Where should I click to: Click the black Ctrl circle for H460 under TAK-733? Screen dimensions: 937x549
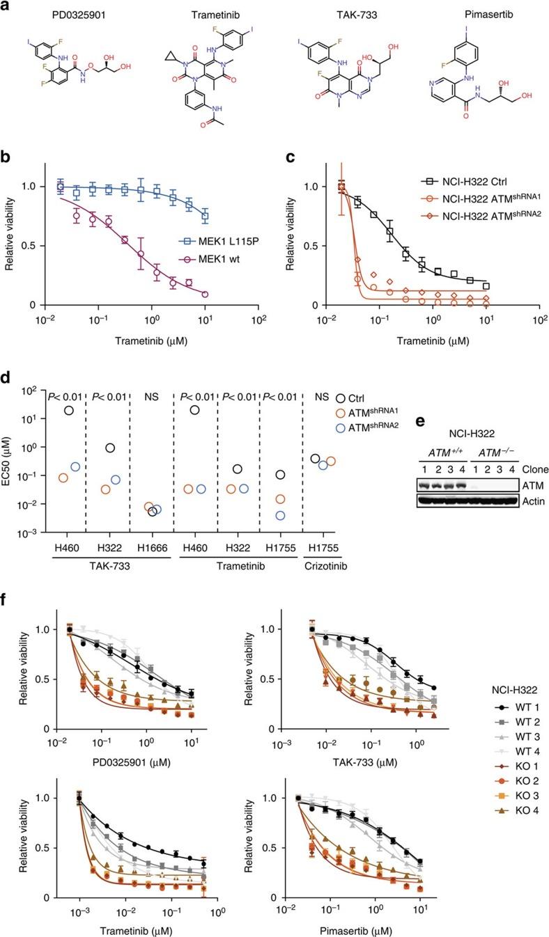[68, 411]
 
